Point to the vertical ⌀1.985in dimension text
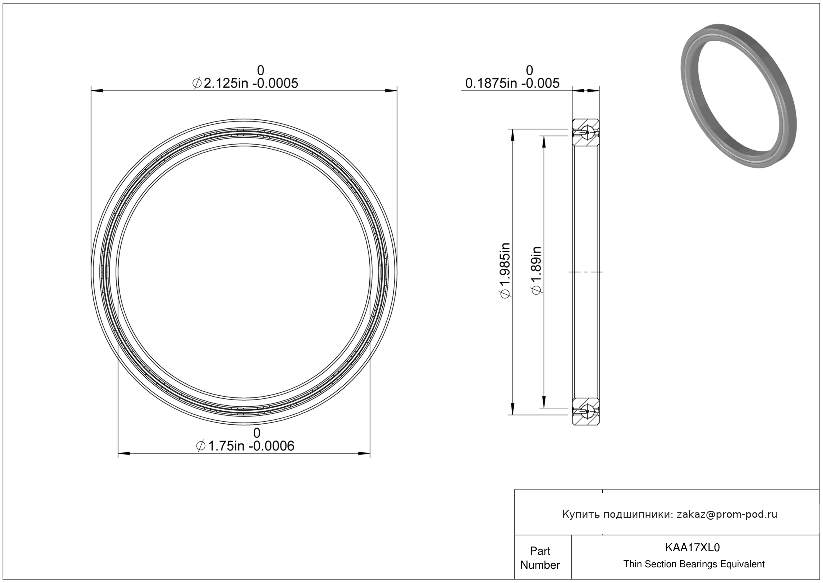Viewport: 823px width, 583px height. pos(505,271)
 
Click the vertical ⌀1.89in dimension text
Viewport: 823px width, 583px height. pos(537,271)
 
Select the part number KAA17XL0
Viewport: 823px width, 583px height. pos(692,547)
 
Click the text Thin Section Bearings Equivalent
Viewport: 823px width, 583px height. pos(694,564)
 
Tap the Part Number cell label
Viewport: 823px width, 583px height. pos(540,558)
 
